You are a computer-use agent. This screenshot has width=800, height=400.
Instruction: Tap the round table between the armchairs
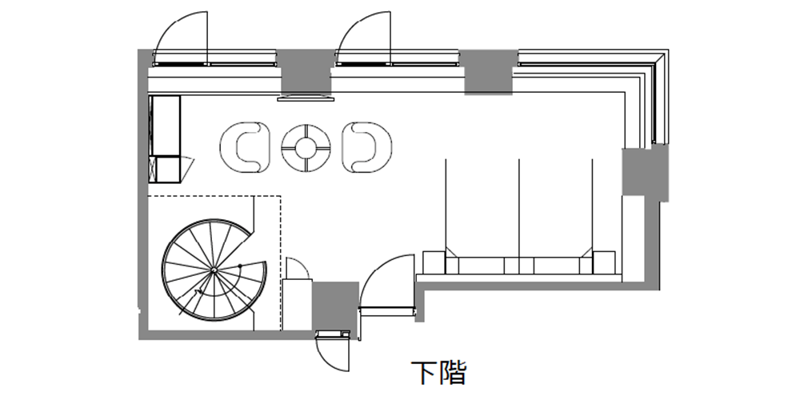[x=306, y=146]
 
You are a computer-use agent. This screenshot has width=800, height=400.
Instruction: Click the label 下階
[x=438, y=373]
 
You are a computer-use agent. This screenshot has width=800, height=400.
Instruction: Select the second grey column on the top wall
[x=489, y=72]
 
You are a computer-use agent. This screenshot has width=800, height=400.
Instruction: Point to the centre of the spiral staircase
[x=214, y=271]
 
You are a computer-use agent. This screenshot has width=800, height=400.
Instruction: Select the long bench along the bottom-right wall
[x=518, y=265]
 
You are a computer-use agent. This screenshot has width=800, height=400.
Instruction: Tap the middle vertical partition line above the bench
[x=520, y=204]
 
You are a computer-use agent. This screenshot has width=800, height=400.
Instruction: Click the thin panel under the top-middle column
[x=305, y=98]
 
